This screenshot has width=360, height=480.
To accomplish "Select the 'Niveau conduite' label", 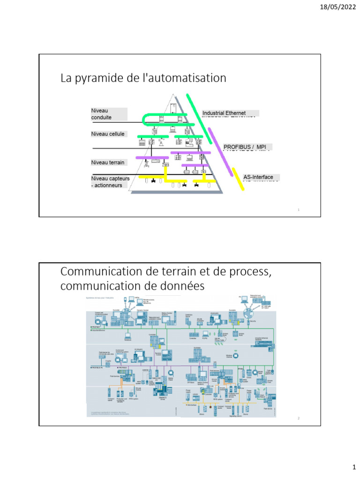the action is (102, 114).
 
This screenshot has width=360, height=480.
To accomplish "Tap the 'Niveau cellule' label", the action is (108, 134).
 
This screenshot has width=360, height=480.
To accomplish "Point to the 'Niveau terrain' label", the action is (108, 163).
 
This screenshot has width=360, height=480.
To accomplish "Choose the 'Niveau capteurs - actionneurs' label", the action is (110, 182).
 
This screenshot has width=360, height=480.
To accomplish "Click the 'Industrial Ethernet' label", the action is (224, 113).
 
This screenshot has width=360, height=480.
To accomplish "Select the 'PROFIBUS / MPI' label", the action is (244, 147).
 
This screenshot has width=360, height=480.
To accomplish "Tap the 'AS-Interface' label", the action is (258, 177).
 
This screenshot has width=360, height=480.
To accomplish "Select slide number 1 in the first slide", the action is (299, 210).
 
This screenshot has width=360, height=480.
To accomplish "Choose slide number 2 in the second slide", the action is (299, 419).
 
